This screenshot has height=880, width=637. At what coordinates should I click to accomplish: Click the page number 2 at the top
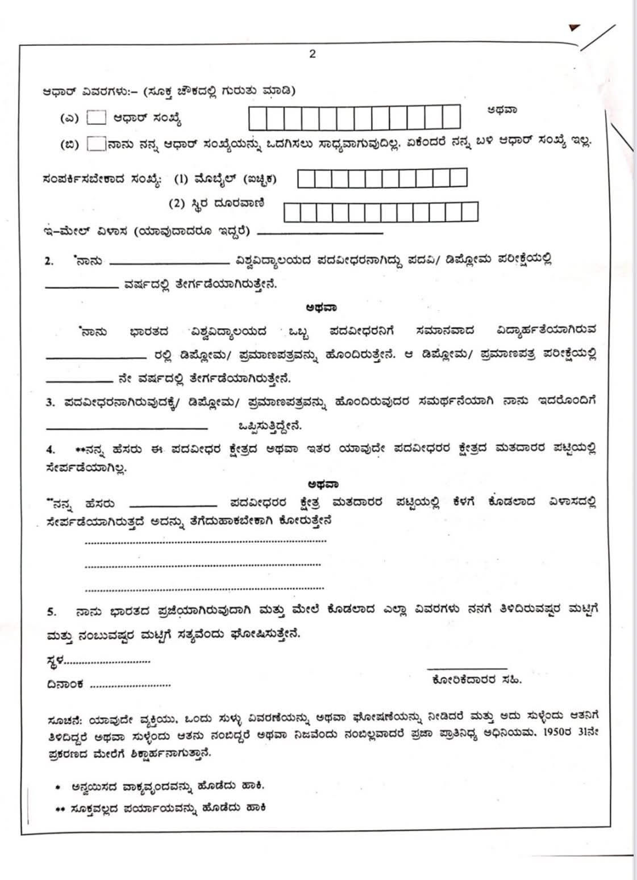point(312,54)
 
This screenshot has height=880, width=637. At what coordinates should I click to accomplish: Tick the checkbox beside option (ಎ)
point(96,118)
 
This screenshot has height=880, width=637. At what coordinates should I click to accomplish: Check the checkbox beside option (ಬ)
point(96,144)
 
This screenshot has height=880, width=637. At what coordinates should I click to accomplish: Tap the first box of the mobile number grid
point(306,178)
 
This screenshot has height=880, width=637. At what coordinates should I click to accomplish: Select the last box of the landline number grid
point(469,212)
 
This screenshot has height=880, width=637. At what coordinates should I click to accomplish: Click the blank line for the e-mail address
point(320,233)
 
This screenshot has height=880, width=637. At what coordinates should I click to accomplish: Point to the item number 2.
point(49,261)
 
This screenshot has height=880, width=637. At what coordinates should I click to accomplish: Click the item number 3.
point(50,403)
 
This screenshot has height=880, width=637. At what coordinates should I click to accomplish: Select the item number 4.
point(50,450)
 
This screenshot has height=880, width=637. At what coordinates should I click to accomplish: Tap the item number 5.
point(51,612)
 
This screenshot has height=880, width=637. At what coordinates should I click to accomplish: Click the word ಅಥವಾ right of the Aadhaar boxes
point(502,110)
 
